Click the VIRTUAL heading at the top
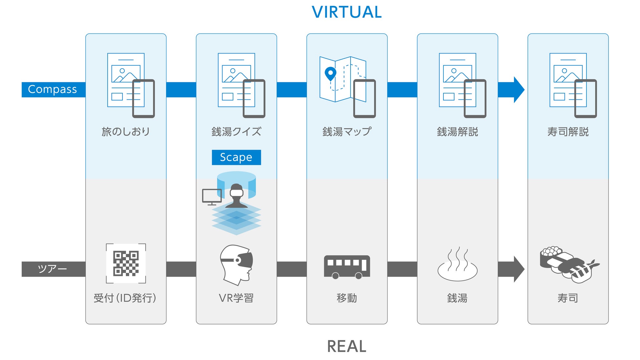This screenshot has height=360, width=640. click(x=347, y=12)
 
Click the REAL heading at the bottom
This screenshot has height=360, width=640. click(x=347, y=346)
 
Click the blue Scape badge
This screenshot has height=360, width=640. click(x=236, y=158)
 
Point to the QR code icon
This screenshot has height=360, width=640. click(x=126, y=263)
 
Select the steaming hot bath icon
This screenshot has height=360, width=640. click(x=458, y=264)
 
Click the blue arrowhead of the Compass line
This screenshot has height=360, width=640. click(x=519, y=90)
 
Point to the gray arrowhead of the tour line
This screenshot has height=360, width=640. click(x=519, y=269)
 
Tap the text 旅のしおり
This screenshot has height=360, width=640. click(x=126, y=132)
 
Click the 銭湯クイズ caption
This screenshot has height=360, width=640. click(x=236, y=132)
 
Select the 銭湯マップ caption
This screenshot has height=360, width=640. click(x=347, y=132)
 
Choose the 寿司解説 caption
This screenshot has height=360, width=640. click(x=568, y=132)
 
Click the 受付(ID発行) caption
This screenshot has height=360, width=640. click(x=125, y=298)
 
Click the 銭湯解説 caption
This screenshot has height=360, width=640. click(x=458, y=132)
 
